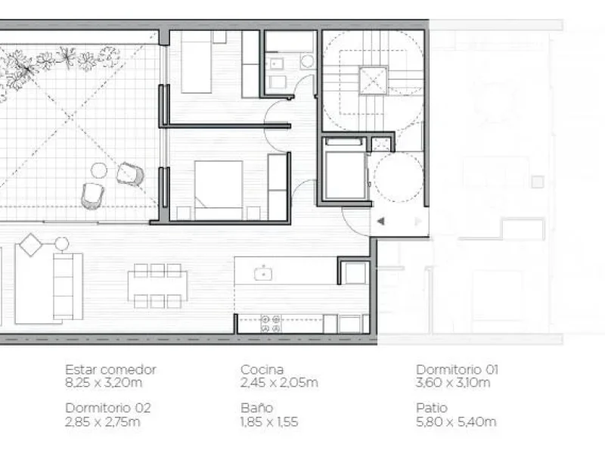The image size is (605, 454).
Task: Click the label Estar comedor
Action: [x=110, y=370]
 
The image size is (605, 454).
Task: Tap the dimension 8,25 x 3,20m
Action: [x=104, y=383]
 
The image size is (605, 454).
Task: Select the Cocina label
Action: [x=262, y=370]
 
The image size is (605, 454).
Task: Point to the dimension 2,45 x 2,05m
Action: [x=279, y=383]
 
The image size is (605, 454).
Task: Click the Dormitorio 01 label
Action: [x=458, y=370]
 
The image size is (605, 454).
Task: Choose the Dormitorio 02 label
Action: [x=108, y=408]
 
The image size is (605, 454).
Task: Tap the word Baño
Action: [x=257, y=408]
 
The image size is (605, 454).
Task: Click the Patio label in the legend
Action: [x=432, y=408]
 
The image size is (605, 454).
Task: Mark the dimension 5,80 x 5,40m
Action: [x=456, y=422]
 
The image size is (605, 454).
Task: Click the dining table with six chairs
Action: [x=157, y=286]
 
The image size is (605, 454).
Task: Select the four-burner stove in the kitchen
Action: [x=271, y=324]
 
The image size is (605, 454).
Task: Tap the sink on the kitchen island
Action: [x=263, y=274]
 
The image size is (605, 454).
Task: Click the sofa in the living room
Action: [x=68, y=286]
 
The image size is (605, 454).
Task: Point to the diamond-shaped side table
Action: [x=30, y=244]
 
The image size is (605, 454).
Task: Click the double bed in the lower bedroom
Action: [x=219, y=191]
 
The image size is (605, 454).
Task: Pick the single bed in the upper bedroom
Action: [x=197, y=62]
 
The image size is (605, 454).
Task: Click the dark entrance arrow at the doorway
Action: [x=381, y=221]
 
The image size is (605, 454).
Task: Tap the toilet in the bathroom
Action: [x=308, y=61]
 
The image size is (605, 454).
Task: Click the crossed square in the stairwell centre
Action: [x=373, y=81]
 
